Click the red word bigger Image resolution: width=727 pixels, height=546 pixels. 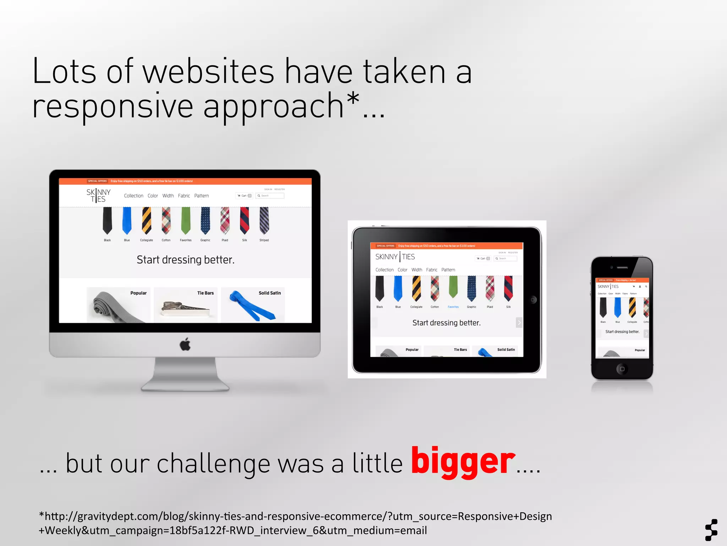click(x=463, y=462)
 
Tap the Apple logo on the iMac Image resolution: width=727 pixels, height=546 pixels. click(x=185, y=344)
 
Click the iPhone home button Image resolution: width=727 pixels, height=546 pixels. click(x=622, y=369)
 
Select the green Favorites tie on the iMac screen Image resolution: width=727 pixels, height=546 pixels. click(x=186, y=220)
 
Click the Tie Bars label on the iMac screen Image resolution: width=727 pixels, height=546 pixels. click(x=206, y=293)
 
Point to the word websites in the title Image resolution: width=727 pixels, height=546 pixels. click(x=208, y=72)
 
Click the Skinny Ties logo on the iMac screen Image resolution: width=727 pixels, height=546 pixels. click(x=98, y=196)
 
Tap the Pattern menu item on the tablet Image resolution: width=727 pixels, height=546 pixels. click(x=448, y=270)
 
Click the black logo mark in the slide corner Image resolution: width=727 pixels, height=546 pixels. click(x=711, y=530)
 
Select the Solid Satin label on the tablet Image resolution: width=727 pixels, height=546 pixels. click(x=506, y=350)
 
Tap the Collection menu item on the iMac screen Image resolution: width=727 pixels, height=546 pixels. click(x=133, y=196)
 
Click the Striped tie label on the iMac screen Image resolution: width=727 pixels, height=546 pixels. click(x=264, y=240)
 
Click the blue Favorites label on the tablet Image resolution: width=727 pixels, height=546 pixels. click(x=453, y=307)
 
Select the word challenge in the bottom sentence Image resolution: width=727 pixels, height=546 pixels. click(x=213, y=464)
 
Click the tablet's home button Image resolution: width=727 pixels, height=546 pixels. click(x=532, y=300)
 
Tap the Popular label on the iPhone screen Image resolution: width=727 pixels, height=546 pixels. click(x=640, y=350)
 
